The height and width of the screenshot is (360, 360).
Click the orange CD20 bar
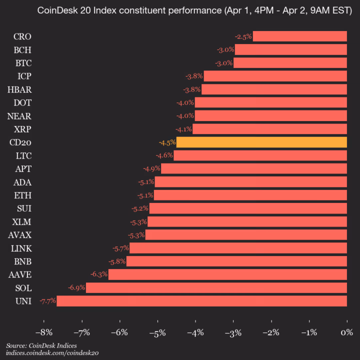[261, 142]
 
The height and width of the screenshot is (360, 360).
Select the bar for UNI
[201, 300]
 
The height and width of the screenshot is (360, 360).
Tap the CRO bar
[299, 36]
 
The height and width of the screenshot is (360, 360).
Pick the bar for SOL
[216, 287]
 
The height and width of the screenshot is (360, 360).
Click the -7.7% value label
[48, 300]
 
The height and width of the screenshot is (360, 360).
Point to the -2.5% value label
[243, 36]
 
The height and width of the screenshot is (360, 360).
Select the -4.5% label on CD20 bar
[167, 142]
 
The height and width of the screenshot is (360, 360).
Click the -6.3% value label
[99, 274]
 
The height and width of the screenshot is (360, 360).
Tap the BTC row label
[23, 63]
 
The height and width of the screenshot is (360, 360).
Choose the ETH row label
[23, 195]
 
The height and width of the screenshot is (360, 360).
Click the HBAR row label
[20, 89]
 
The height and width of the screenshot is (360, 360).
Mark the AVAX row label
[20, 234]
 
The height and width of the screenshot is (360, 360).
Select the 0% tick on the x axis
[346, 333]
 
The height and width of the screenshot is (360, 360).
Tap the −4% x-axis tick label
[195, 333]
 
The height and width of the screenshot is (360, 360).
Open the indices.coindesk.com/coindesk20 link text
[52, 352]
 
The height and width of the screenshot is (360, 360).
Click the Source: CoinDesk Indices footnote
[41, 345]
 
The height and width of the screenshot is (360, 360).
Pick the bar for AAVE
[227, 274]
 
